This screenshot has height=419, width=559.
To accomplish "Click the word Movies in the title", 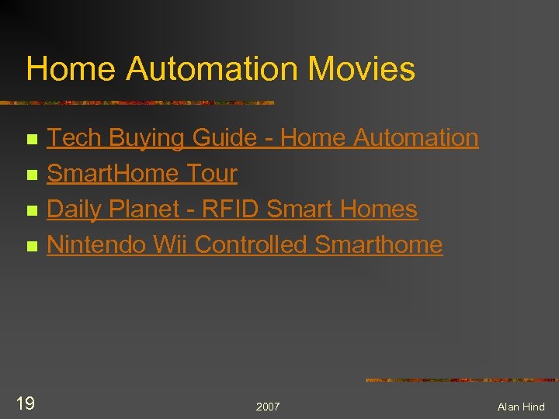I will coord(361,69).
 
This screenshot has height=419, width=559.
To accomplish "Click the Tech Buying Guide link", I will coord(262,138).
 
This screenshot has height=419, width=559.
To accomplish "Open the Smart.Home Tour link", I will coord(142,174).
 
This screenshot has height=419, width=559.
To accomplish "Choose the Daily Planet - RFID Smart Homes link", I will coord(232,209).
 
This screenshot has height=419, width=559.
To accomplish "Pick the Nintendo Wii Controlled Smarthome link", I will coord(245,245).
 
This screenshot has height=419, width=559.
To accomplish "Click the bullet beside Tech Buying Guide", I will coord(31,140).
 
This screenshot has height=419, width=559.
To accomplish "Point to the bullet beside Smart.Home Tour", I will coord(31,175).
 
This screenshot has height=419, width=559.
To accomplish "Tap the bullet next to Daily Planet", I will coord(31,211).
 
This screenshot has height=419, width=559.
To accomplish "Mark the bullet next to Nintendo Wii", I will coord(31,247).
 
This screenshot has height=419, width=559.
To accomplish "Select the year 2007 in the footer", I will coord(268,407).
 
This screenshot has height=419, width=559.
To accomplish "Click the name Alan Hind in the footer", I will coord(521,407).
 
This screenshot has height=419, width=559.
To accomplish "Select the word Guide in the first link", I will coord(224,138).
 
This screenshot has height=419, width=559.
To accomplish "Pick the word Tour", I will coord(211,174).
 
